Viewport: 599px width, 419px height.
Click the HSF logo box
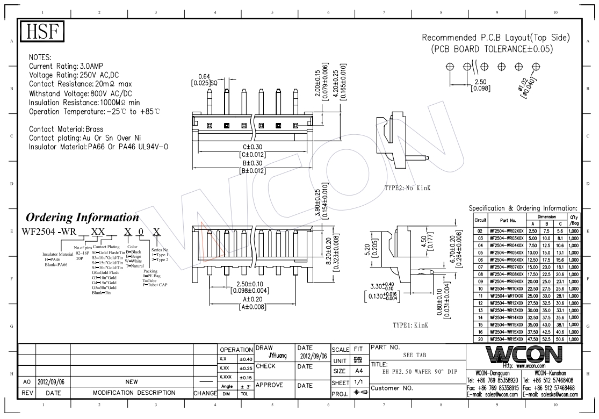click(x=41, y=32)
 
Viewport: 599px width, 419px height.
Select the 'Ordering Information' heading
click(x=82, y=218)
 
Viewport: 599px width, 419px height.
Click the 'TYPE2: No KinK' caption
click(x=408, y=188)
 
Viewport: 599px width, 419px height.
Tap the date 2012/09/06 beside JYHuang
click(x=312, y=356)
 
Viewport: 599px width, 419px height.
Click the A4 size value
click(x=358, y=371)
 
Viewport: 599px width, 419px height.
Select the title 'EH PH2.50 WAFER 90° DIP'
click(x=412, y=371)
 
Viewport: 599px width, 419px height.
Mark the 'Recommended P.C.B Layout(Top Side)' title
click(x=495, y=38)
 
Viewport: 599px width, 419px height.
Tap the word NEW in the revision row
click(x=132, y=381)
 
